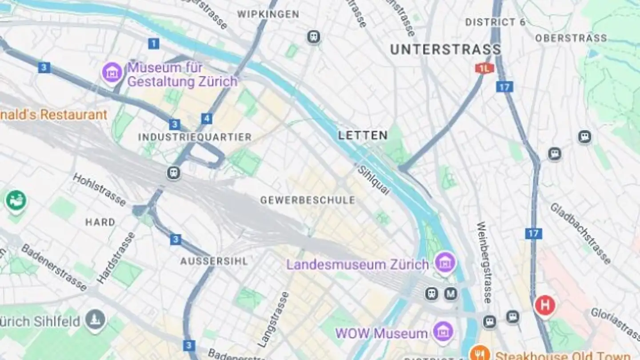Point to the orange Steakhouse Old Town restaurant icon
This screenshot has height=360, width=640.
click(x=480, y=354)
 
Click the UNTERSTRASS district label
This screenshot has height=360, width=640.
click(x=445, y=49)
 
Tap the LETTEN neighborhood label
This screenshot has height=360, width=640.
click(x=363, y=136)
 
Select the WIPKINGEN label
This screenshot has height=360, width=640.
click(x=268, y=14)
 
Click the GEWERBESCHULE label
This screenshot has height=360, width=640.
click(x=308, y=200)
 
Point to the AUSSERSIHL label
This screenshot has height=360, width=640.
click(x=214, y=261)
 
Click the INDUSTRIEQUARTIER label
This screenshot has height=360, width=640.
click(x=195, y=137)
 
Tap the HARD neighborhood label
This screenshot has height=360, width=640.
click(x=100, y=222)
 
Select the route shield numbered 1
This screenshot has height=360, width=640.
click(x=153, y=44)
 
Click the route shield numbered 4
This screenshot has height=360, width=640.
click(x=206, y=119)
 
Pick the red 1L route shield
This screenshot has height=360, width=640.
click(x=484, y=68)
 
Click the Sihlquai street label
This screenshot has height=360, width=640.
click(x=374, y=180)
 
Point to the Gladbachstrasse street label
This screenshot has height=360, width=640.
click(x=580, y=233)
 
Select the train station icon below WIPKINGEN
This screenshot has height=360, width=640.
click(x=314, y=37)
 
